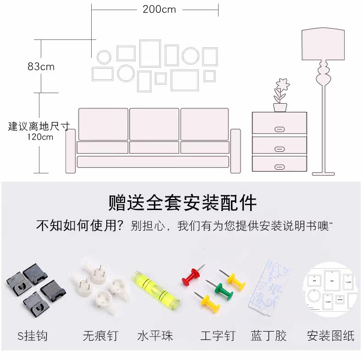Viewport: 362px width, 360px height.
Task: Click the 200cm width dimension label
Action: tap(159, 9)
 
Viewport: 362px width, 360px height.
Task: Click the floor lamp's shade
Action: tap(323, 44)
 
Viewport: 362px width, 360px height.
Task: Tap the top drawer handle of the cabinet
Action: tap(280, 129)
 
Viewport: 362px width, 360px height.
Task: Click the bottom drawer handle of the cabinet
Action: tap(280, 166)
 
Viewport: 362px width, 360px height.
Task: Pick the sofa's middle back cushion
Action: tap(154, 124)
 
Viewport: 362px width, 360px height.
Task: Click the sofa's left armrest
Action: tap(71, 151)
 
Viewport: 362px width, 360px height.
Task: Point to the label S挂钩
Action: tap(32, 336)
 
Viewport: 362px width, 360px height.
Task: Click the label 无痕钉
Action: tap(100, 336)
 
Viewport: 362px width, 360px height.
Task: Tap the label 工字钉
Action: tap(218, 336)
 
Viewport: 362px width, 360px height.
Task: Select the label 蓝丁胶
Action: tap(269, 336)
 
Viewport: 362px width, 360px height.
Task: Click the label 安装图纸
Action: tap(330, 336)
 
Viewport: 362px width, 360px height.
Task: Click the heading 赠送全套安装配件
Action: tap(182, 203)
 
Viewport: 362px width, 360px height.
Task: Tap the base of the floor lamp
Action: tap(324, 173)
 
